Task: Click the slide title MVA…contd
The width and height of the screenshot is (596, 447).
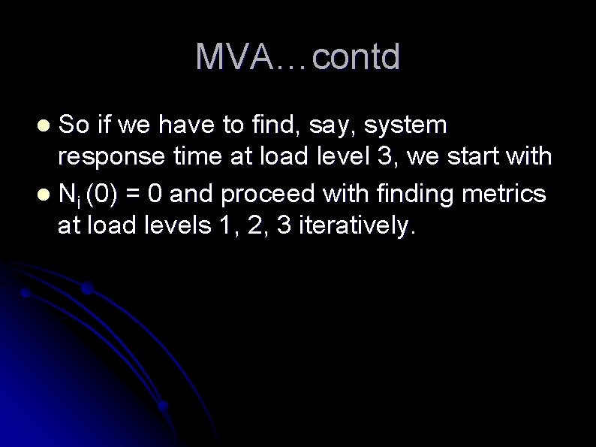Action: pyautogui.click(x=298, y=58)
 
